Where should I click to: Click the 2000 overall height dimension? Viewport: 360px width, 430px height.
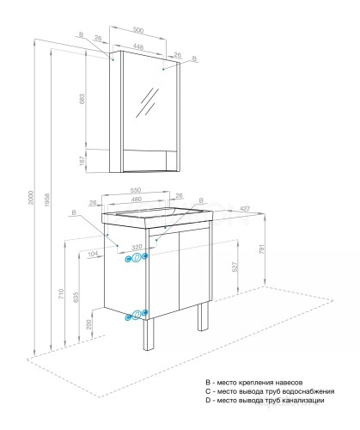point(31,195)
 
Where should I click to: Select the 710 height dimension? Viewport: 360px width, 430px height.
point(60,293)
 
